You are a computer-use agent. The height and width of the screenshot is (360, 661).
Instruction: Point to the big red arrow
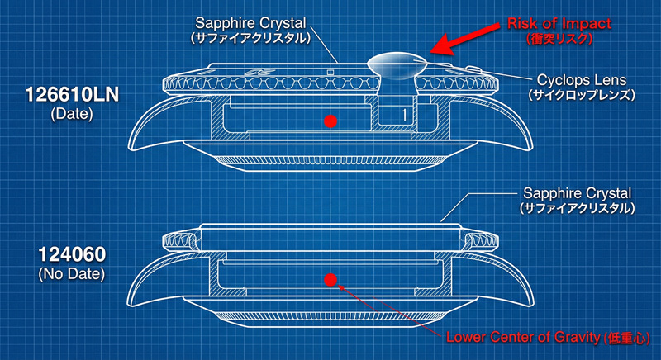pos(467,41)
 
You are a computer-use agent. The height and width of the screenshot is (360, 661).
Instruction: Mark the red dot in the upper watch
pos(330,121)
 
